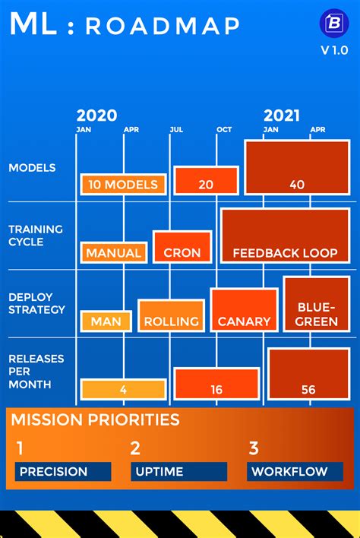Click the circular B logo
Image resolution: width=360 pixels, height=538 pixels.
(x=334, y=23)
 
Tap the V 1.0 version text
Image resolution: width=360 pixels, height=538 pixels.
(x=334, y=50)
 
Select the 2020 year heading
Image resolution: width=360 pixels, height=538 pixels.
(x=96, y=116)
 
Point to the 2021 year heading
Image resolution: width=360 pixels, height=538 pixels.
(x=282, y=116)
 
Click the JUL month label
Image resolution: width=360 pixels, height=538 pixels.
(x=176, y=130)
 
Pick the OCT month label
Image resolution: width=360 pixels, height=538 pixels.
(x=224, y=130)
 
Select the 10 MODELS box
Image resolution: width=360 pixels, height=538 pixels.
(x=124, y=184)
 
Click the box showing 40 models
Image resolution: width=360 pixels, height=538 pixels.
(x=297, y=167)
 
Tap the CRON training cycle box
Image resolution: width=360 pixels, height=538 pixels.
(x=182, y=247)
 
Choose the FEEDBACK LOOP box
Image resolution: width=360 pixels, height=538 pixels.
(x=286, y=236)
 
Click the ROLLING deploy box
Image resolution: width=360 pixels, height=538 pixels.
(x=171, y=315)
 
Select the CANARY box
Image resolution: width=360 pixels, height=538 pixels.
(x=244, y=310)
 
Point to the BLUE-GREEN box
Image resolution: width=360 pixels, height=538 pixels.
(x=317, y=305)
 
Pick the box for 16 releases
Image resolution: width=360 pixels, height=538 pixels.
(x=216, y=385)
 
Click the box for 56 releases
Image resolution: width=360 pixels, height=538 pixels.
(x=308, y=374)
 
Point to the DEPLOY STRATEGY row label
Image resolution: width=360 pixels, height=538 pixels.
(x=36, y=303)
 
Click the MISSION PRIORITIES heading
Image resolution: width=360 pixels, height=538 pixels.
(x=95, y=419)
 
